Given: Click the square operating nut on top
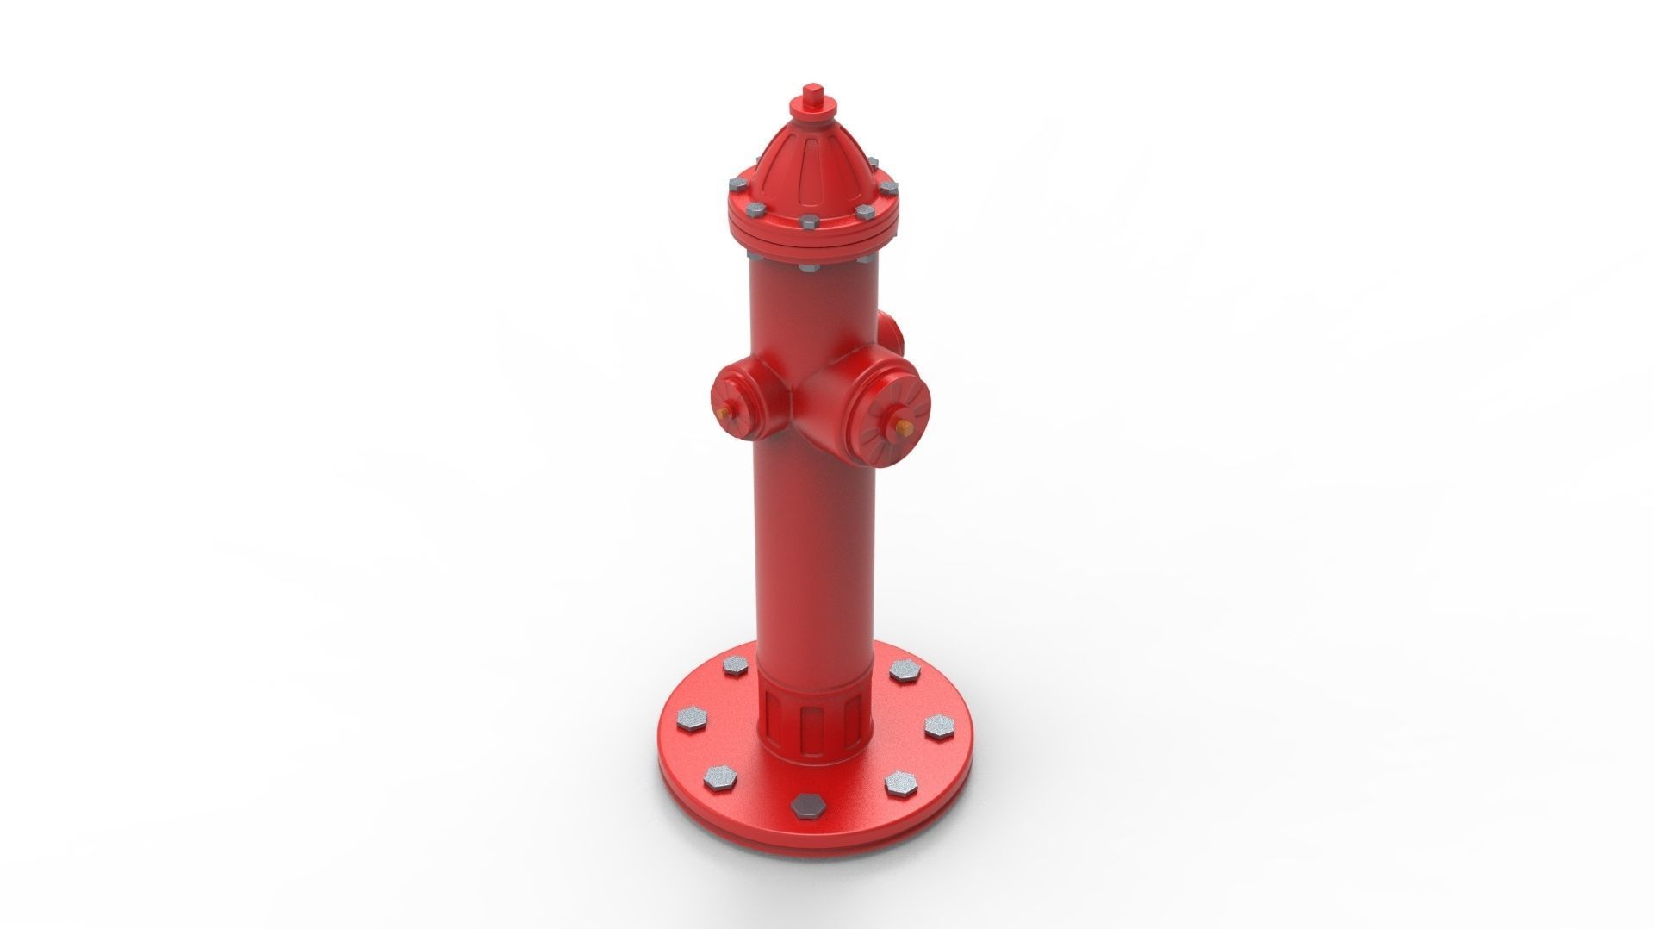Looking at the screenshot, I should coord(812,92).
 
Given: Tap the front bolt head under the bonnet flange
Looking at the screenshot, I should coord(807,268).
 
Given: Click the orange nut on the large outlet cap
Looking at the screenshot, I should coord(903,426).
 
